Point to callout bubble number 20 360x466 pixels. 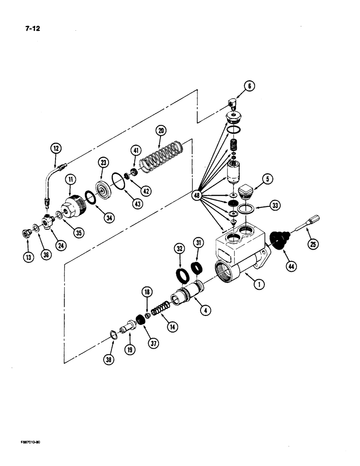coord(161,131)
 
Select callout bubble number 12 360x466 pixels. coord(56,149)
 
